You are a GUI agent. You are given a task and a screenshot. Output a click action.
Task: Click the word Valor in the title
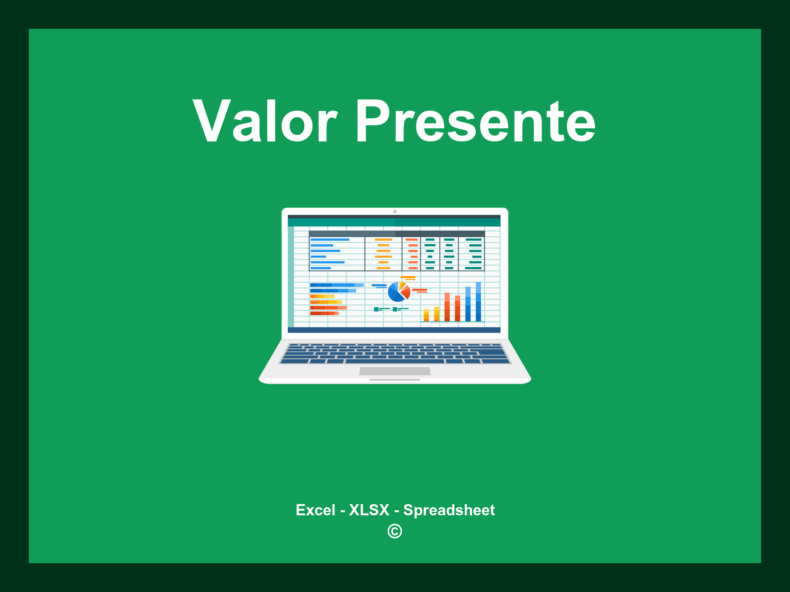[265, 121]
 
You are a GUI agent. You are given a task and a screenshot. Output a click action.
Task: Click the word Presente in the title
[475, 121]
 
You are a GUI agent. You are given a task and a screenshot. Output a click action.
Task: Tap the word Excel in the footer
[315, 510]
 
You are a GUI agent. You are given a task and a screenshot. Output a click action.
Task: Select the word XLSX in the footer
[369, 510]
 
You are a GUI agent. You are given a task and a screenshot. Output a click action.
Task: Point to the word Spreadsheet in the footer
[449, 510]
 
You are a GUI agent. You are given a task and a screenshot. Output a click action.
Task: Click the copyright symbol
[395, 531]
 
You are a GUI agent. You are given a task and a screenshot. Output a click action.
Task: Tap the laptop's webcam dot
[395, 212]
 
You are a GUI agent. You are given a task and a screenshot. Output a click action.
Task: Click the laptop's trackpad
[395, 371]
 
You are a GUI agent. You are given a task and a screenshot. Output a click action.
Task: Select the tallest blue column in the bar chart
[478, 301]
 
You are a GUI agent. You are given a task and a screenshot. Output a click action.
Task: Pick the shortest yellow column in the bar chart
[426, 315]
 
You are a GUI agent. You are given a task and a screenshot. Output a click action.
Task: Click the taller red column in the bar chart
[447, 307]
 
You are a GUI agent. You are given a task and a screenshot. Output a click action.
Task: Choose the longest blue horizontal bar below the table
[336, 285]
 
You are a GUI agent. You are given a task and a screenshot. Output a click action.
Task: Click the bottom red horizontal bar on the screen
[324, 313]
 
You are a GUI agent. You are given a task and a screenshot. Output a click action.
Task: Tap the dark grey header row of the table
[397, 234]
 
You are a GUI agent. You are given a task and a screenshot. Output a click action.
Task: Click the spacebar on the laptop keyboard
[395, 361]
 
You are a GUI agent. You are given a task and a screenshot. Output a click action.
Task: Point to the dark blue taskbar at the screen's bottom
[394, 330]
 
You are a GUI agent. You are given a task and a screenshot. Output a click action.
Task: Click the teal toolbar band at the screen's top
[394, 222]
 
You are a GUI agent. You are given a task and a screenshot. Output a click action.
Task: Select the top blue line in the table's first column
[330, 240]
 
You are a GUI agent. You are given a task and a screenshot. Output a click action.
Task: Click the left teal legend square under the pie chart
[376, 309]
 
